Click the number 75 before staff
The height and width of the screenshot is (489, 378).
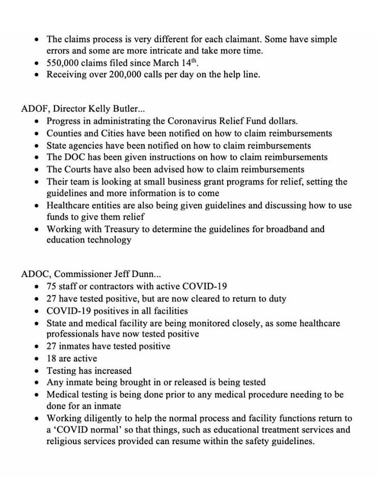[52, 286]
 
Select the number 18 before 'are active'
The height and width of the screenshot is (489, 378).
[52, 359]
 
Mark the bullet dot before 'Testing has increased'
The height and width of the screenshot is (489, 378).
[36, 371]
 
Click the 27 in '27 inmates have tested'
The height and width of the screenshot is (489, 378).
[52, 346]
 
